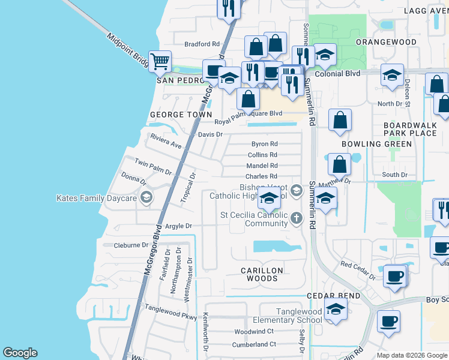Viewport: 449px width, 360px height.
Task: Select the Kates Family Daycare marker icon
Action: click(x=146, y=197)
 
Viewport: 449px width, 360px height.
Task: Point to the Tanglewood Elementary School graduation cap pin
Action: click(x=336, y=310)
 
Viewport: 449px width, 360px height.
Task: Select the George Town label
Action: click(x=181, y=114)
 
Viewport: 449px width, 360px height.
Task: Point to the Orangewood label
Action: click(x=386, y=42)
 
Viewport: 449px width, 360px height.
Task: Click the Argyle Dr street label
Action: click(x=178, y=226)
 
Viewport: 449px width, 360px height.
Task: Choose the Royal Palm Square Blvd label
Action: click(x=252, y=113)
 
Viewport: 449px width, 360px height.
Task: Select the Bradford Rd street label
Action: click(x=202, y=44)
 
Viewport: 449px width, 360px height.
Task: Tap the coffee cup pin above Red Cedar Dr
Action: click(x=395, y=275)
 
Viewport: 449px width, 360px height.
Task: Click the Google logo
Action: click(x=20, y=353)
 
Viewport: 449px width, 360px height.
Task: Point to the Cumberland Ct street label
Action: click(x=255, y=344)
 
